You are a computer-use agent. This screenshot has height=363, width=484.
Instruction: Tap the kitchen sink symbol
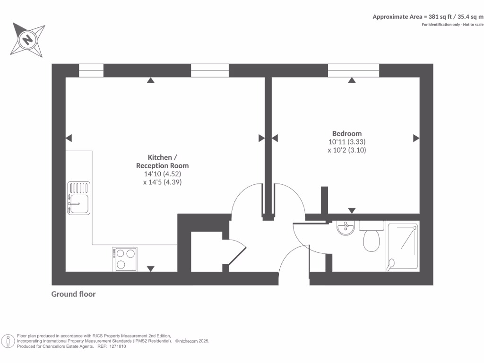coord(78,198)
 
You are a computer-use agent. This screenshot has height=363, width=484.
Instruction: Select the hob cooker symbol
coord(125,259)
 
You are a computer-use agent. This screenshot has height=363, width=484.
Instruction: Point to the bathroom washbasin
coord(346,228)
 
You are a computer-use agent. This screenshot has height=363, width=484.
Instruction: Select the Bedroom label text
coord(346,133)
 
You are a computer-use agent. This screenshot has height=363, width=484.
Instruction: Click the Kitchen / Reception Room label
coord(162,161)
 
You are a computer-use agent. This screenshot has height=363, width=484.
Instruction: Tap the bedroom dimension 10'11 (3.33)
coord(347,142)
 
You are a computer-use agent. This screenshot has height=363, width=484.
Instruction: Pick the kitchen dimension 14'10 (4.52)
coord(162,173)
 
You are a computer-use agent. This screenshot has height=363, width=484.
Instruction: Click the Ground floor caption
coord(73,294)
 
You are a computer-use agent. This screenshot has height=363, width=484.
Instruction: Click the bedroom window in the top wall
coord(354,70)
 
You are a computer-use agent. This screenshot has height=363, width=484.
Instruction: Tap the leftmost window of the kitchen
coord(91,70)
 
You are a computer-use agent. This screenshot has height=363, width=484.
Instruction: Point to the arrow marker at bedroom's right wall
coord(416,138)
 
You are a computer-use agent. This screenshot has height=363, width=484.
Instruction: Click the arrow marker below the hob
coord(150,268)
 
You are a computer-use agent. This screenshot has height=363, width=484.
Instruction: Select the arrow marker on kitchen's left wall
coord(69,138)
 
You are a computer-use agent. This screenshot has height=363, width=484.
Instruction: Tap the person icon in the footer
coord(8,340)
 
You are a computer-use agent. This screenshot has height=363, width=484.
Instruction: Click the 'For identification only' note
coord(452,24)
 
